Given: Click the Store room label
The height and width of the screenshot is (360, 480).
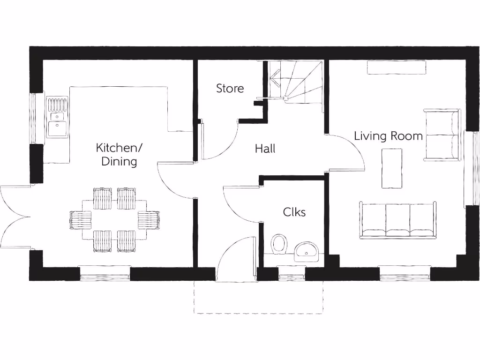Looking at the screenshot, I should [230, 88].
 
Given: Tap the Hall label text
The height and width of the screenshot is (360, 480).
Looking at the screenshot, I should [265, 149].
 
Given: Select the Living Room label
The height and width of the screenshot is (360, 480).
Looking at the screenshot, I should [388, 136].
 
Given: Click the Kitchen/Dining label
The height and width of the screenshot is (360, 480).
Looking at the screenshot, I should [119, 155].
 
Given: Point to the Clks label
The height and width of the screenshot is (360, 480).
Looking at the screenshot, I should [294, 212].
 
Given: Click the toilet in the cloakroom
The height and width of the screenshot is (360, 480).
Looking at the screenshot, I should [279, 244].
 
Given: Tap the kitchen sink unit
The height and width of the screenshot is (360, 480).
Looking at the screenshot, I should [57, 117].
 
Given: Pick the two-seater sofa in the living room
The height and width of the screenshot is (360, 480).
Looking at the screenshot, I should [442, 135].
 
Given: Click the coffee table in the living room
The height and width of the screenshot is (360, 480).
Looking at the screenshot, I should [392, 168].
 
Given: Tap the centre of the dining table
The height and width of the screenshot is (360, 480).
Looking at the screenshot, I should [114, 219].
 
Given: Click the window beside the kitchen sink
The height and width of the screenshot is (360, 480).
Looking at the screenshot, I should [32, 119].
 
